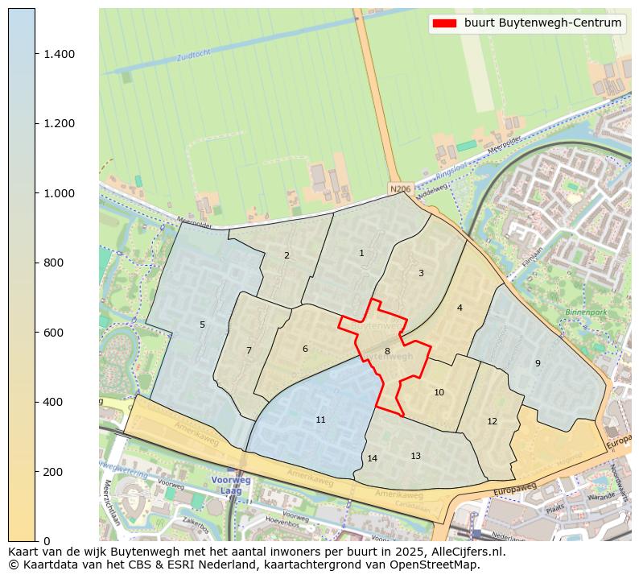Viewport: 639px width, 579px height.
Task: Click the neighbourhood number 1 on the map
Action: pos(361,254)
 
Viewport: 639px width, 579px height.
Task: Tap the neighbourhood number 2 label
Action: pos(287,256)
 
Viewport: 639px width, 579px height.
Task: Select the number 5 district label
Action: pos(202,325)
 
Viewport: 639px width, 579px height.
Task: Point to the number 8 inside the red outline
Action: pos(387,351)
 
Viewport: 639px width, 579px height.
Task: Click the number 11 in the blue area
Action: pos(320,420)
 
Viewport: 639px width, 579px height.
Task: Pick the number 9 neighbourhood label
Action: pos(538,364)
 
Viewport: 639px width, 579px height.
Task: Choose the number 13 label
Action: pos(415,457)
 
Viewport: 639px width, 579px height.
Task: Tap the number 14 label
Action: pos(372,459)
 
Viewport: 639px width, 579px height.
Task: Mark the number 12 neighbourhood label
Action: pos(492,422)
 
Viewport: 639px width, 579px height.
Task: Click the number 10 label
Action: pos(439,393)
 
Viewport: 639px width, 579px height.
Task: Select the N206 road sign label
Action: pos(399,189)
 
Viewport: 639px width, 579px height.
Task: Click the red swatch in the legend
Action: pos(444,23)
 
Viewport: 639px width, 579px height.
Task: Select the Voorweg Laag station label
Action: pos(231,485)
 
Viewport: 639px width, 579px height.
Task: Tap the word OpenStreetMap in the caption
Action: pos(435,565)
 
